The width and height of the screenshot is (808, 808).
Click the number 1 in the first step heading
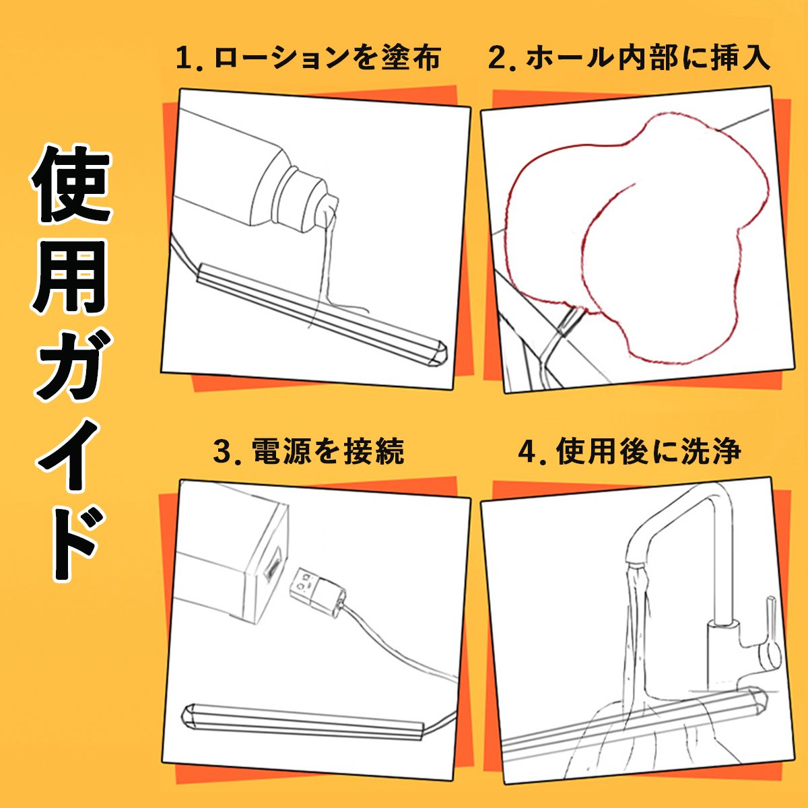pyautogui.click(x=184, y=59)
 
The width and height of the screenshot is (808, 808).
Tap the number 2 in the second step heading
pyautogui.click(x=498, y=59)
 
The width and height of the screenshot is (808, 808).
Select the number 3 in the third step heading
pyautogui.click(x=223, y=451)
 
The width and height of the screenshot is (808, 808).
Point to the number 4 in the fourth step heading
pyautogui.click(x=528, y=451)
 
